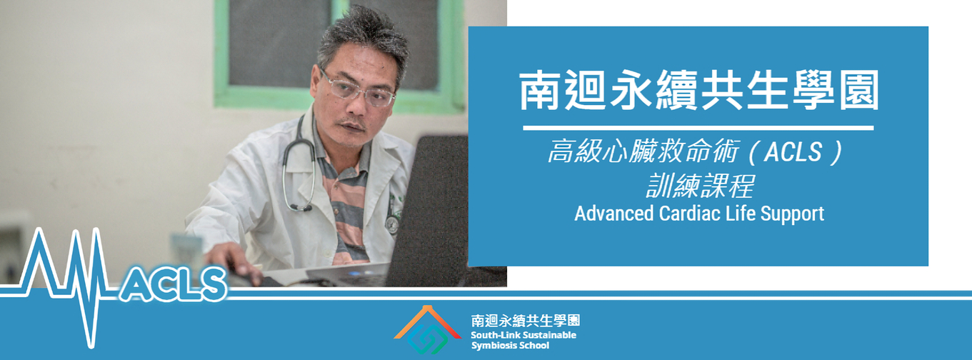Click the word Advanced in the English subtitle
point(613,214)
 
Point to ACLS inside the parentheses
point(793,152)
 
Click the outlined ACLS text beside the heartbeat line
point(173,284)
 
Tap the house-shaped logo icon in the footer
point(427,329)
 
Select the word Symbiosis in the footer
point(492,346)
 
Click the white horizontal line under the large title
point(698,128)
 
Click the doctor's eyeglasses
point(356,90)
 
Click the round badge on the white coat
point(392,225)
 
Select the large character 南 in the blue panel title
point(540,91)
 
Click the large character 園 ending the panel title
point(858,91)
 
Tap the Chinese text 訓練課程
point(699,186)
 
